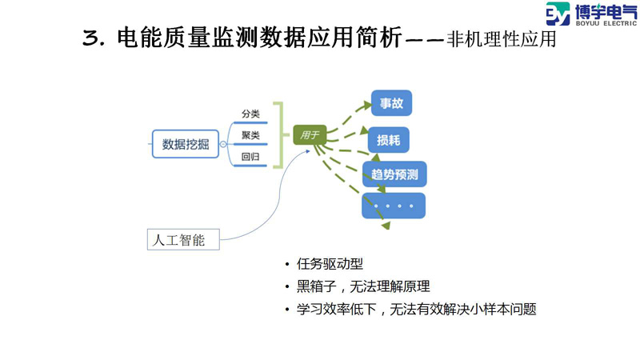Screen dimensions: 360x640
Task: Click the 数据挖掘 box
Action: (x=185, y=144)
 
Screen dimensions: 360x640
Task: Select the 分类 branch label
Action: (x=250, y=114)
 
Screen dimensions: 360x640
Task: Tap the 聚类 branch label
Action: (x=250, y=135)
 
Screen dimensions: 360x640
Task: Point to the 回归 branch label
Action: (x=250, y=157)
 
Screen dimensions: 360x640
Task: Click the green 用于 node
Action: (x=309, y=135)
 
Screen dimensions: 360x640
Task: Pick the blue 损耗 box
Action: (x=389, y=141)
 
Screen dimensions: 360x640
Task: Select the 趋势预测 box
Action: (x=394, y=174)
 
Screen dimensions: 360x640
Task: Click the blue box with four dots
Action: (x=394, y=206)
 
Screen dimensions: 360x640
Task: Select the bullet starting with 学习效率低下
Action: (x=415, y=308)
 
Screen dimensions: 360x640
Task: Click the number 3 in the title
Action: (x=90, y=38)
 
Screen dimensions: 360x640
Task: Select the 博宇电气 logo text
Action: (x=602, y=11)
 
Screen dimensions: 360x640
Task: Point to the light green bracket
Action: (x=278, y=134)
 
